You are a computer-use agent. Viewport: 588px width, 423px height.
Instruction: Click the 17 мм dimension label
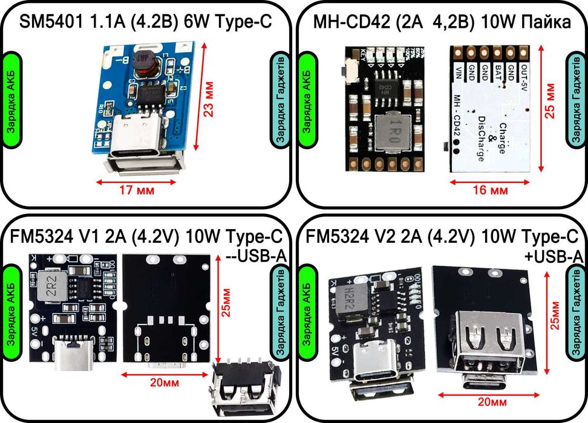(136, 190)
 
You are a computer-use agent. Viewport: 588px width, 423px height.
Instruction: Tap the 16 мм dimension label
(490, 190)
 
